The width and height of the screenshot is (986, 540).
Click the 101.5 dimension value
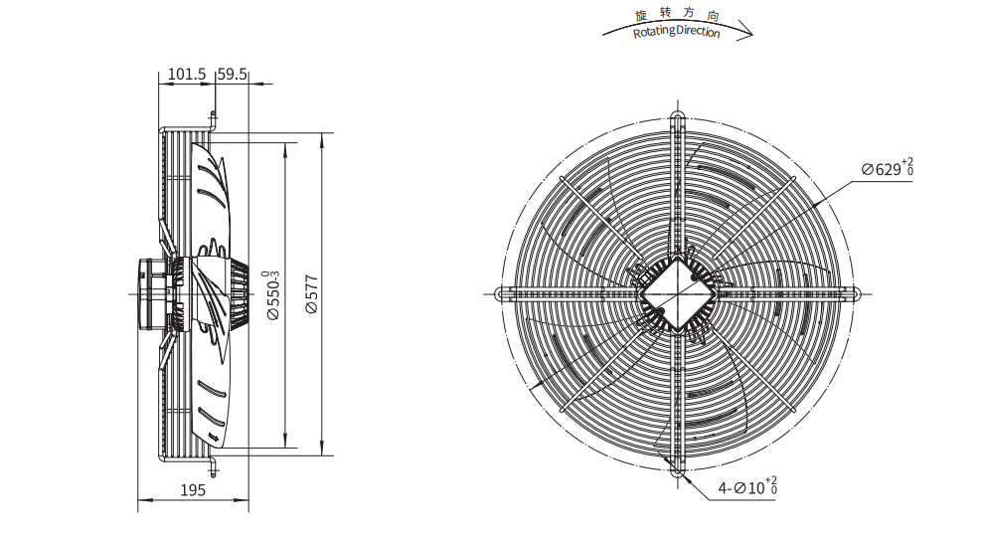[187, 74]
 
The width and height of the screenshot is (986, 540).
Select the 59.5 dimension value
[232, 74]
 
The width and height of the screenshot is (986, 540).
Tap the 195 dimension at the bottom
[193, 489]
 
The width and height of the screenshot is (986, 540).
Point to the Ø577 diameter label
[312, 294]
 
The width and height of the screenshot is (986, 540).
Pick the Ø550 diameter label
[272, 295]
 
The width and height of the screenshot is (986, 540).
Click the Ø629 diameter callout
[887, 167]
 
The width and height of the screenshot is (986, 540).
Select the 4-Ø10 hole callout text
[747, 486]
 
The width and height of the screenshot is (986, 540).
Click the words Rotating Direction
[676, 32]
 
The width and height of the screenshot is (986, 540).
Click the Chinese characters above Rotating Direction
[677, 14]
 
